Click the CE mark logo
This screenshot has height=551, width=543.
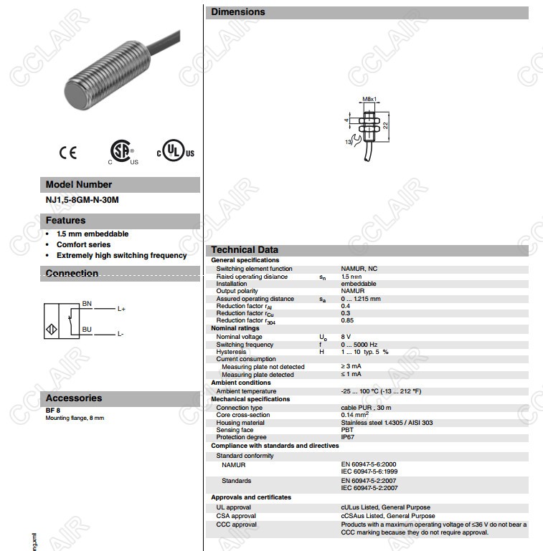pos(68,152)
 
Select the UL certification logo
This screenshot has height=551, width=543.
pos(176,152)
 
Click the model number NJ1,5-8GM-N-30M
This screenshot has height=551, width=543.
pos(82,200)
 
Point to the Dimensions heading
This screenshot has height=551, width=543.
pos(238,12)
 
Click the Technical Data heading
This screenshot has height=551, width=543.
pos(245,250)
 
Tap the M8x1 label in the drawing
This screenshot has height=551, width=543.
pos(369,99)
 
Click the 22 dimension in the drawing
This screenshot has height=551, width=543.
pos(385,125)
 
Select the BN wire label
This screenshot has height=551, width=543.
pos(87,304)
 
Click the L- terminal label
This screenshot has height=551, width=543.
pos(121,335)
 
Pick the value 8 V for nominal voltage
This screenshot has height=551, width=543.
pos(346,337)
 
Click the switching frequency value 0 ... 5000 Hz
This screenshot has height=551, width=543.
pos(359,345)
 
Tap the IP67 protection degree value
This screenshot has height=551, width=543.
pos(348,437)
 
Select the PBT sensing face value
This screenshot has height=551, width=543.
pos(347,430)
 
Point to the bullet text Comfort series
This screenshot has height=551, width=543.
pos(83,244)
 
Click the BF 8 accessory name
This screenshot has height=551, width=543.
pos(52,411)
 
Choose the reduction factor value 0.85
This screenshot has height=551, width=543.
pos(347,320)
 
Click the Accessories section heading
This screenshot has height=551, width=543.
pos(74,398)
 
